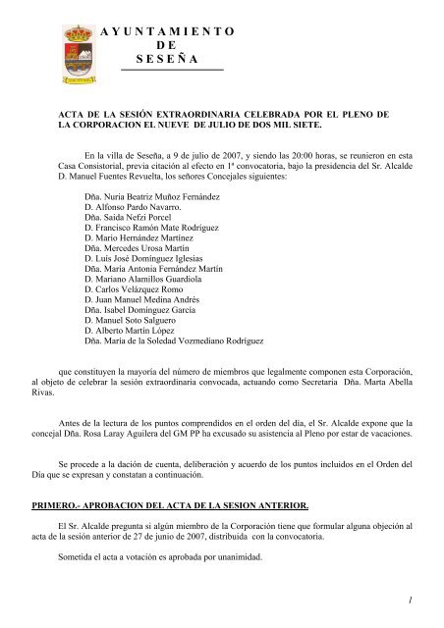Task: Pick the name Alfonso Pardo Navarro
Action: pyautogui.click(x=138, y=211)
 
